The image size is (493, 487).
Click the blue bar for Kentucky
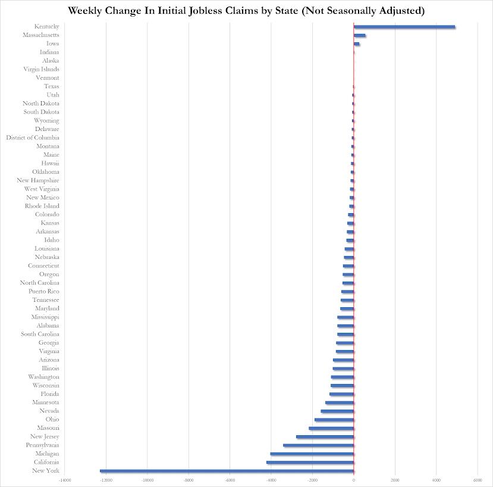404,27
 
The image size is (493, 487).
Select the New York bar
227,471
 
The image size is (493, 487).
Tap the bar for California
310,463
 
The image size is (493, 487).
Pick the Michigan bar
312,454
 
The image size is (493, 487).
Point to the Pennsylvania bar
318,445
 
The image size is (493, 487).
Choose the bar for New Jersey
325,437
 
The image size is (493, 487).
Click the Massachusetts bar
360,35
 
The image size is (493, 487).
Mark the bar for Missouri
331,428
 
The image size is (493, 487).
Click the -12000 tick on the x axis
106,480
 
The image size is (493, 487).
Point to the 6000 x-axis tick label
478,480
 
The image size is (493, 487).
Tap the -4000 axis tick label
271,480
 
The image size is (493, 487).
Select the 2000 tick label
395,480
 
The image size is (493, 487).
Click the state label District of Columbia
33,138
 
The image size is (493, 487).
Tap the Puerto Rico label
43,291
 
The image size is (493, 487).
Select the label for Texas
51,86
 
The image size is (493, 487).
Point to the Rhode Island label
42,206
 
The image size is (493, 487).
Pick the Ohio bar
334,420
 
